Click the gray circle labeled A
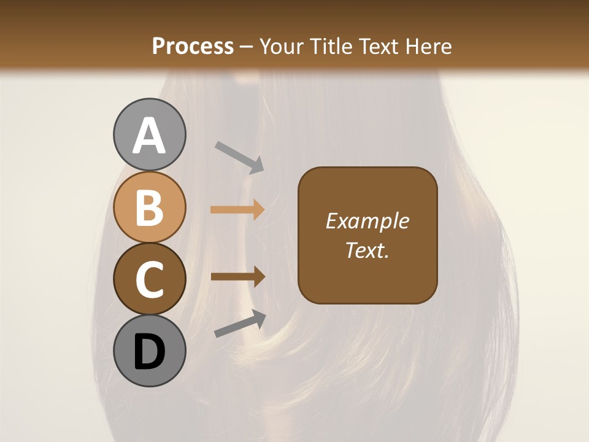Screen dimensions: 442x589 [x=149, y=134]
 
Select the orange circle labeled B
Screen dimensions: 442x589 [x=149, y=207]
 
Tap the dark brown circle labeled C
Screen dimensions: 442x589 [x=149, y=279]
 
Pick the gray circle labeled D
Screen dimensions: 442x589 [x=149, y=351]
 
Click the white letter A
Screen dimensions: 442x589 [x=149, y=136]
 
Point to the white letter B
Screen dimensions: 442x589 [x=149, y=207]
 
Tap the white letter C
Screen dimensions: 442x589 [x=149, y=279]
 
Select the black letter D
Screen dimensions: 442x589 [x=149, y=352]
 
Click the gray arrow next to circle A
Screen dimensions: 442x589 [x=239, y=156]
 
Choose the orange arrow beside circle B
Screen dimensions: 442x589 [x=237, y=210]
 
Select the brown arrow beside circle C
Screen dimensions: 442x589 [x=237, y=277]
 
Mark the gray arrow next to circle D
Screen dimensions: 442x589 [x=240, y=324]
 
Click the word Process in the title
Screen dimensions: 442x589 [x=193, y=46]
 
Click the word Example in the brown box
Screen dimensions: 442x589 [x=367, y=221]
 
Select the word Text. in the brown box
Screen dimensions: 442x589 [x=367, y=250]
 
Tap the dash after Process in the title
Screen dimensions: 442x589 [x=247, y=47]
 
